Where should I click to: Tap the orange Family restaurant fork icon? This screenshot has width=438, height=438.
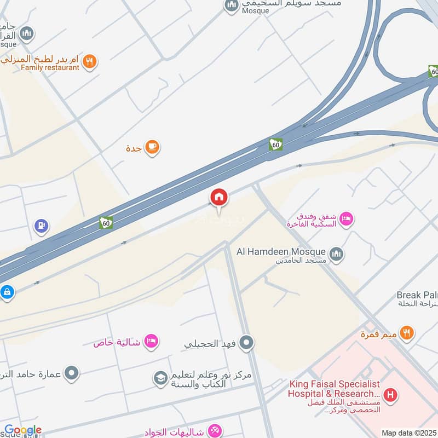pos(91,61)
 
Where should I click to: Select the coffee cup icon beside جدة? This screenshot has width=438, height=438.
pos(152,148)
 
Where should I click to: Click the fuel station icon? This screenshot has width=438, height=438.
pos(41,226)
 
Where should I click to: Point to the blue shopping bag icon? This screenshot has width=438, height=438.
pos(7,292)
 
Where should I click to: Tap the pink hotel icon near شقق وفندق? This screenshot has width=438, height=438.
pos(346,220)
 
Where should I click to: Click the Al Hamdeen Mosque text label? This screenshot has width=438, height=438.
pos(281,252)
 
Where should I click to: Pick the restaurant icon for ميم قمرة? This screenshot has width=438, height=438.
pos(406,332)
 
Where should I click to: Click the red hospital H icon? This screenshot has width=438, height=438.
pos(390,394)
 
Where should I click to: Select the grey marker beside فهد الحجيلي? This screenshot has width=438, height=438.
pos(246,343)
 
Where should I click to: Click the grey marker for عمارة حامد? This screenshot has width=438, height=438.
pos(72,374)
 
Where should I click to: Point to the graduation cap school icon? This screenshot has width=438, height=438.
pos(160,379)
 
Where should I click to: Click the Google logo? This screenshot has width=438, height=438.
pos(23,430)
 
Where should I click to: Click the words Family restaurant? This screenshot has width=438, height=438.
pos(50,68)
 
